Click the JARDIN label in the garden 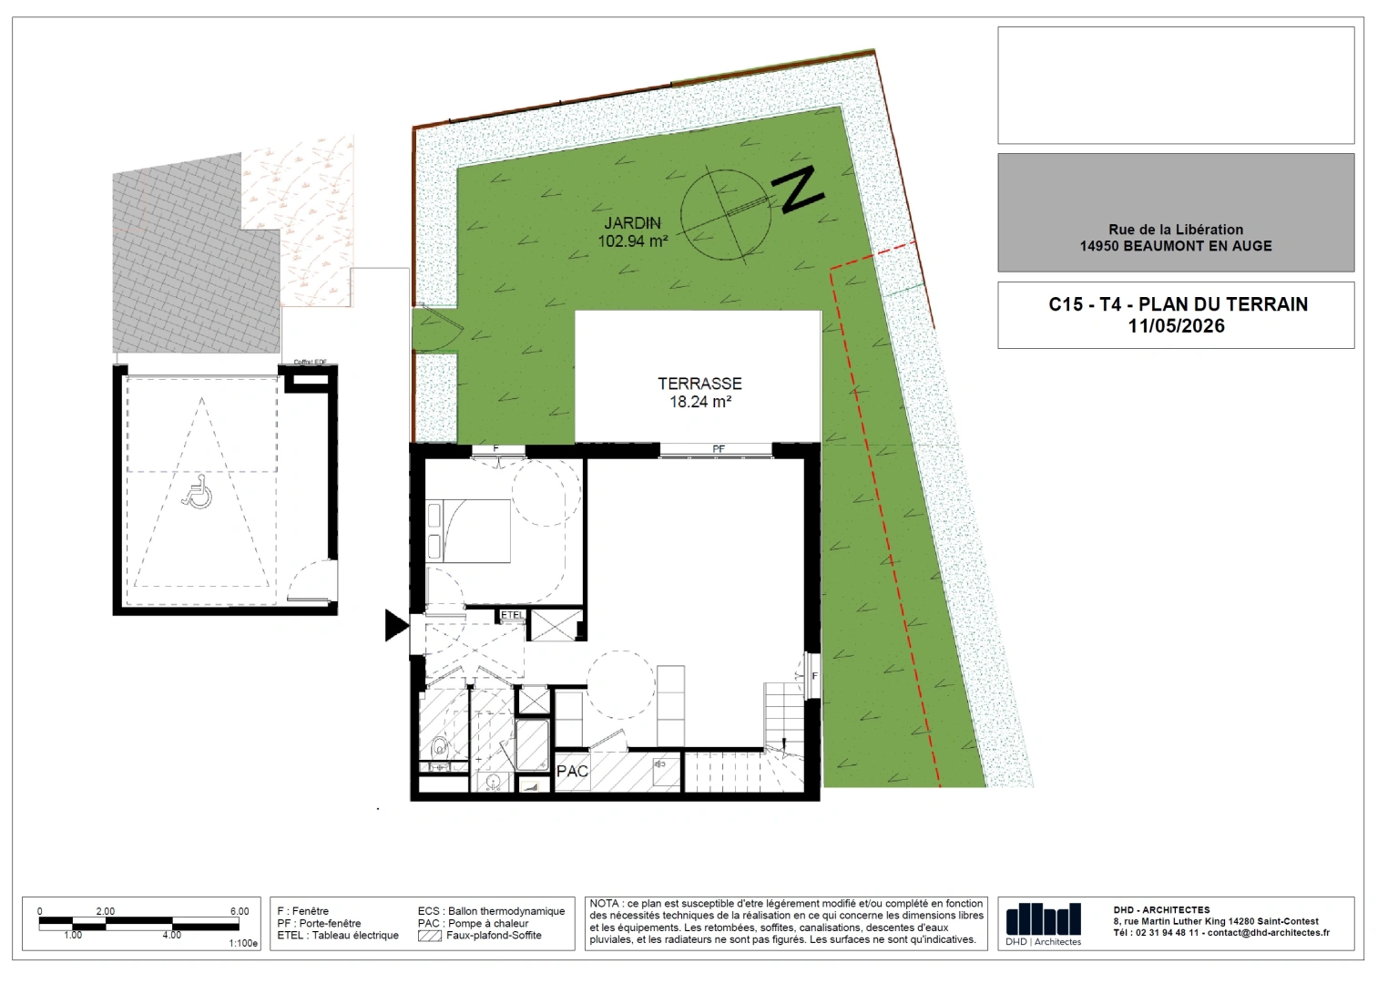633,223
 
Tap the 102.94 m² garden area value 633,241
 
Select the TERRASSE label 699,384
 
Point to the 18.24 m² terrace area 700,402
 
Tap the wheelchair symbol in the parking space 198,492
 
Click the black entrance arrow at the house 396,625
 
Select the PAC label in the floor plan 572,772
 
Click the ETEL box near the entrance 513,615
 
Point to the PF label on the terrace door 719,449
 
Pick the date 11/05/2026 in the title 1176,326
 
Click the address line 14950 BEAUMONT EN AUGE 1176,246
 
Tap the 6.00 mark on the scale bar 240,911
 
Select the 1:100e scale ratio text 243,943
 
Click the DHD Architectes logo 1044,924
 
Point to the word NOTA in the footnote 605,904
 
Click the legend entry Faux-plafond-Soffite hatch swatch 429,936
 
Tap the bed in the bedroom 468,531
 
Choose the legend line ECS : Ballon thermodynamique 492,911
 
